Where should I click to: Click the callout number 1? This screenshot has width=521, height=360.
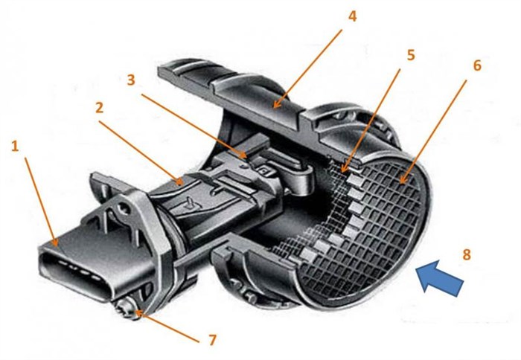14,146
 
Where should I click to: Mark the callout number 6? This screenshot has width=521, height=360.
477,65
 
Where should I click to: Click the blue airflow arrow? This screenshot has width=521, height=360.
439,279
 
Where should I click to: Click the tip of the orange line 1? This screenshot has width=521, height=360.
57,243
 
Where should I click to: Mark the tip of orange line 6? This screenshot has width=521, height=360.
403,181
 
